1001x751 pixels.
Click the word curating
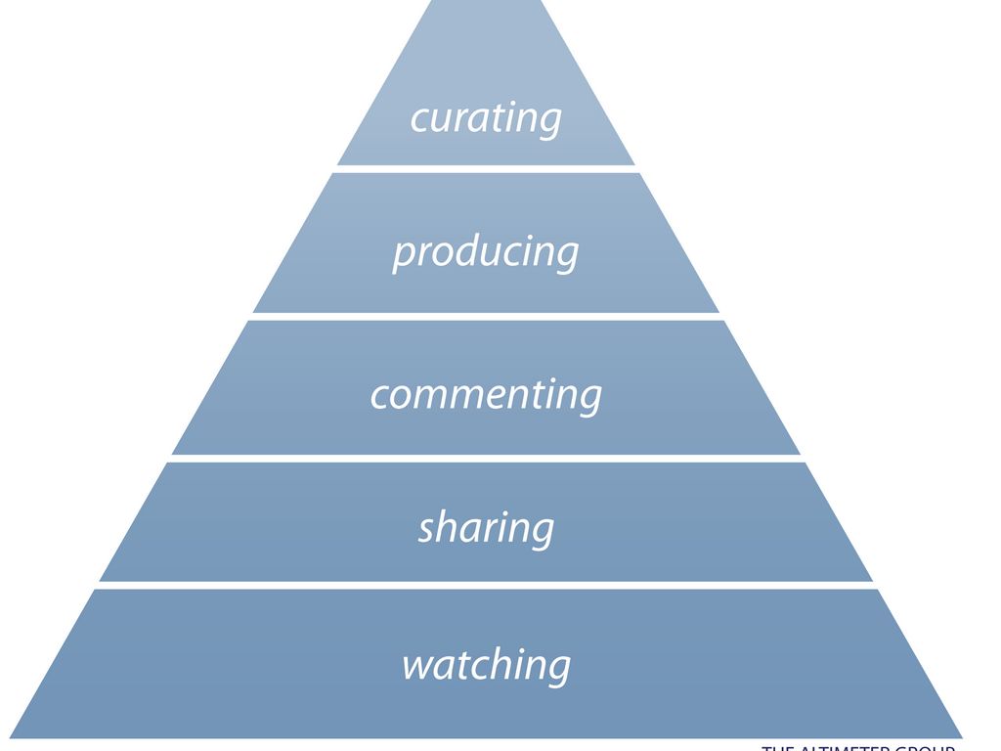tap(486, 117)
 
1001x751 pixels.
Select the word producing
tap(486, 252)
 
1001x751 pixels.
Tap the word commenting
tap(486, 394)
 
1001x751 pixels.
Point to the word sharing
tap(486, 528)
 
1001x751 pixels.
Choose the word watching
tap(486, 665)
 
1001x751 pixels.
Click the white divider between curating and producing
tap(486, 168)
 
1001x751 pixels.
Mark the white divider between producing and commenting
tap(486, 316)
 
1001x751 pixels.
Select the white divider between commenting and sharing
tap(486, 458)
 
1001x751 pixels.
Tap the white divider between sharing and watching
tap(486, 585)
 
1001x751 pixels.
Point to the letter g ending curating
tap(550, 121)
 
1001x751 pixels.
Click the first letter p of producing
tap(403, 255)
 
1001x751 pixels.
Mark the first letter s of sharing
tap(427, 530)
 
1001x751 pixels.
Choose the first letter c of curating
tap(418, 119)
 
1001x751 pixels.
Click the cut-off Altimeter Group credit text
tap(857, 746)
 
